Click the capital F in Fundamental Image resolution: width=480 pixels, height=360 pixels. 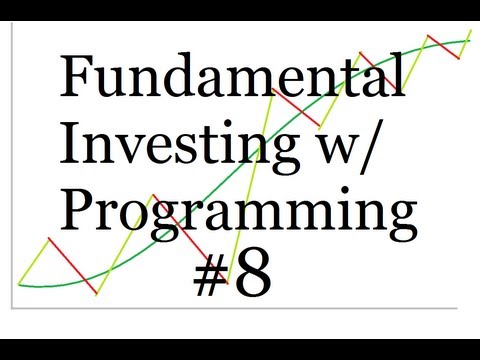click(x=77, y=77)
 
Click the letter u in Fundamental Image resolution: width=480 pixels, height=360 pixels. click(x=112, y=82)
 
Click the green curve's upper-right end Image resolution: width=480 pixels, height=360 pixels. click(x=467, y=41)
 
